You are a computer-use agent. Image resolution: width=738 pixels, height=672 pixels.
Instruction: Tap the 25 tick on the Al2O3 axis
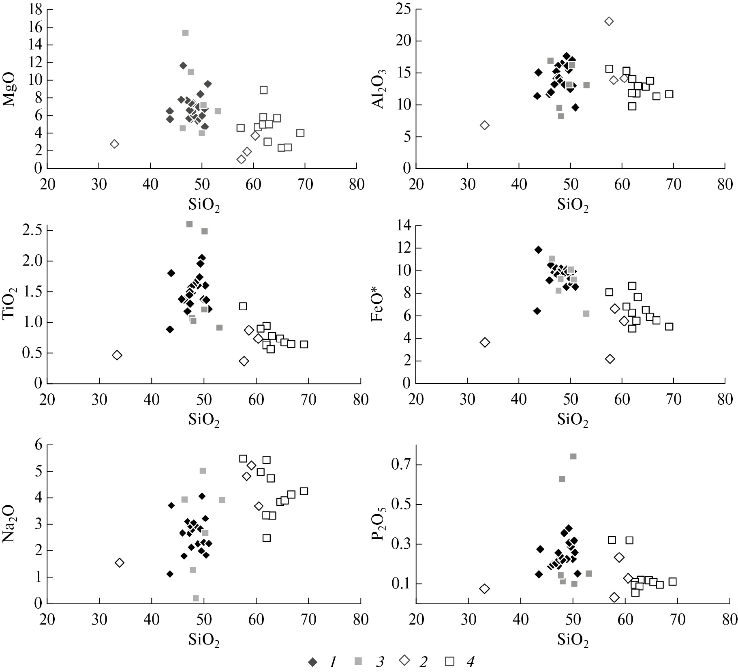coord(402,10)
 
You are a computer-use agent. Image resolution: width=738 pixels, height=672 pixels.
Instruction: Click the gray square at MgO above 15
coord(185,33)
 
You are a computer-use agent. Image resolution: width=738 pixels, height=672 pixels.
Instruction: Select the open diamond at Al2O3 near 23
coord(609,21)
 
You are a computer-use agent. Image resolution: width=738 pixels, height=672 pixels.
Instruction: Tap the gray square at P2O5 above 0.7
coord(573,456)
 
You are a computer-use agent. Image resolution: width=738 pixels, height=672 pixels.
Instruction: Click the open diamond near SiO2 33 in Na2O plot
coord(119,563)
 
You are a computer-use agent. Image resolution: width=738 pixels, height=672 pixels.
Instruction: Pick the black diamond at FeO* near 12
coord(538,250)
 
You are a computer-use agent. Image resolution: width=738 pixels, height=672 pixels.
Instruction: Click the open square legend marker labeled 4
coord(449,662)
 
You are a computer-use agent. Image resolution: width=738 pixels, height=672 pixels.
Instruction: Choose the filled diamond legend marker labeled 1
coord(312,662)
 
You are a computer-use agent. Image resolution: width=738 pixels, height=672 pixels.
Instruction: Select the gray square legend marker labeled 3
coord(358,662)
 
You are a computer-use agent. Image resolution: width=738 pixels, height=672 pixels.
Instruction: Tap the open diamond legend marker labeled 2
coord(404,662)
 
